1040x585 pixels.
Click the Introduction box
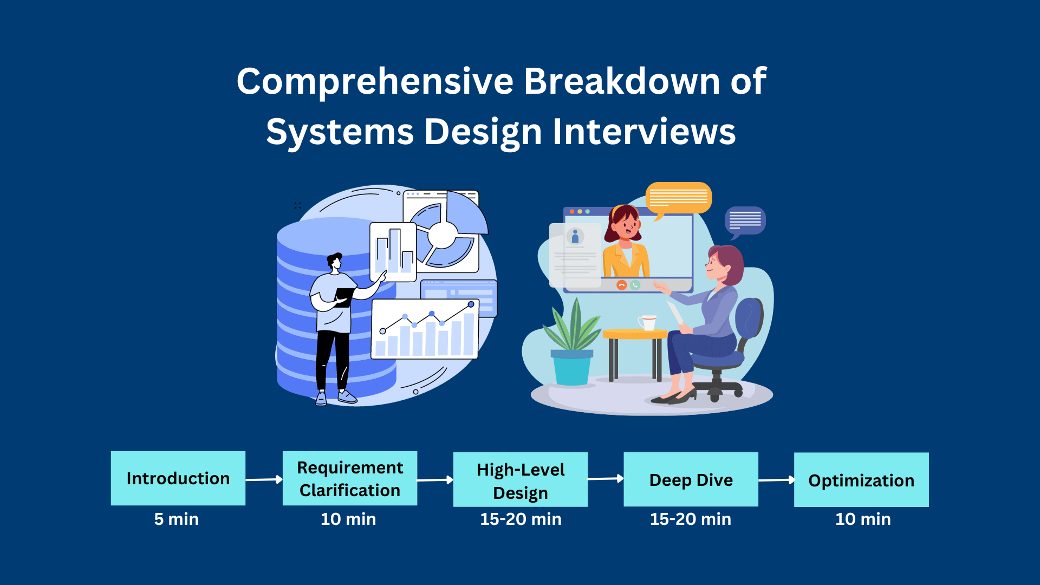click(x=178, y=478)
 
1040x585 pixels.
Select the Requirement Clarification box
click(x=350, y=478)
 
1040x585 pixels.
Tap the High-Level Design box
click(x=521, y=479)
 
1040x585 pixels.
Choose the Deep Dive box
click(x=691, y=479)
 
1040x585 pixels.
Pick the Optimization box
click(x=861, y=480)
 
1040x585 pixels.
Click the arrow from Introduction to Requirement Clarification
click(x=264, y=479)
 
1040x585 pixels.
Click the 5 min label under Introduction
click(x=177, y=519)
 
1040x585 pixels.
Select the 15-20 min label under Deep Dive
click(x=691, y=519)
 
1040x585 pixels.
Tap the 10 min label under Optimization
click(x=863, y=519)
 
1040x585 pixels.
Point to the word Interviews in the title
click(x=644, y=132)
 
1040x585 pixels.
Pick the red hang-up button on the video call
click(x=621, y=285)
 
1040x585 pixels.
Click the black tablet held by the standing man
click(x=343, y=297)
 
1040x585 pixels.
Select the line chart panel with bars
click(x=425, y=329)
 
